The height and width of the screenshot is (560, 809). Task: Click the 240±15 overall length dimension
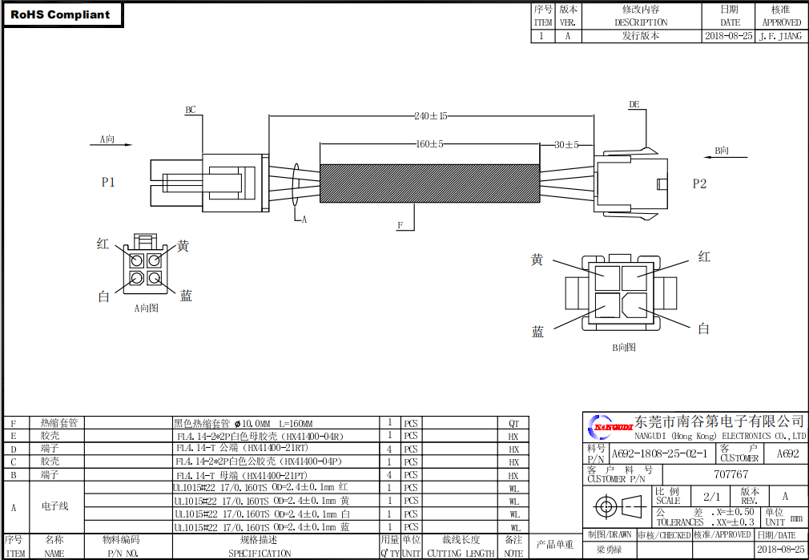[x=430, y=116]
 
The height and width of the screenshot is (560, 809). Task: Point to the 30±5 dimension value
[x=566, y=145]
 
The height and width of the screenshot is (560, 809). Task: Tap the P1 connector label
[x=108, y=183]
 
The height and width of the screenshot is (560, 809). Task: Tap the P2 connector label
[x=699, y=183]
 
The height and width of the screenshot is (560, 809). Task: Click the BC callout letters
[x=191, y=110]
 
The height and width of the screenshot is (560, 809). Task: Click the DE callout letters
[x=634, y=104]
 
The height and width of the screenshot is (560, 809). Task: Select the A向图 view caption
[x=146, y=308]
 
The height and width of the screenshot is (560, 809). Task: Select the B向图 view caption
[x=624, y=347]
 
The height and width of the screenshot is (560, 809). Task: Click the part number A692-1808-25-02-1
[x=659, y=453]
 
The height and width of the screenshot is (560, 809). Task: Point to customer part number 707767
[x=731, y=474]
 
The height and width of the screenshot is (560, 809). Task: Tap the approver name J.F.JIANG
[x=780, y=36]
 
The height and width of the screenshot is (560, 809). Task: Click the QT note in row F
[x=513, y=423]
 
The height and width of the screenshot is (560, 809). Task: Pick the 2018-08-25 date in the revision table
[x=729, y=36]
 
